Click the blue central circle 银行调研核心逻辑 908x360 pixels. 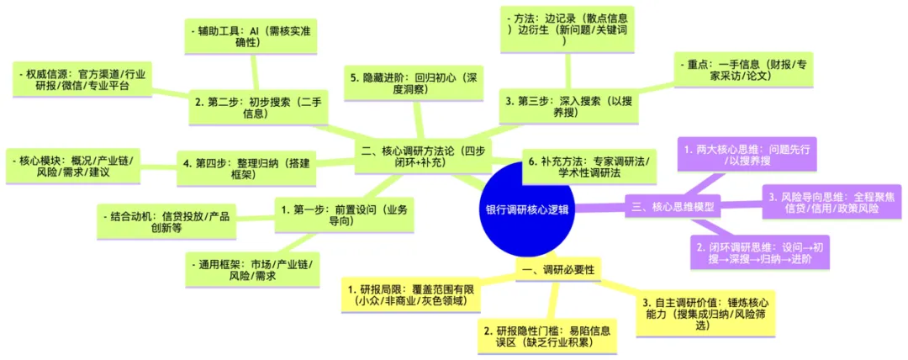click(527, 210)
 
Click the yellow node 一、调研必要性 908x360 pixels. click(558, 270)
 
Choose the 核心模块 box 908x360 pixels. click(77, 166)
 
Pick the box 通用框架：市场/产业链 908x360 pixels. click(250, 271)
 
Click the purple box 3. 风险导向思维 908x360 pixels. click(830, 203)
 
